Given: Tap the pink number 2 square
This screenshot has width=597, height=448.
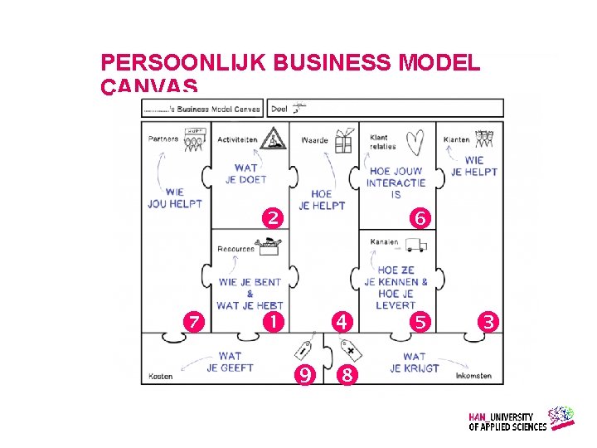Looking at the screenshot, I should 272,219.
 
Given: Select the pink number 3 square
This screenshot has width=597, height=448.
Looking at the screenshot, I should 491,321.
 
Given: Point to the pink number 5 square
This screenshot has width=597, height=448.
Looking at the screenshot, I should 420,321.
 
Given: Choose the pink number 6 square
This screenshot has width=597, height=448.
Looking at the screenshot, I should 420,219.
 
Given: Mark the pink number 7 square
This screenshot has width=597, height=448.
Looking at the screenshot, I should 192,321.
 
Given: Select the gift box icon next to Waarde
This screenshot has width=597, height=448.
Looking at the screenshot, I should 343,141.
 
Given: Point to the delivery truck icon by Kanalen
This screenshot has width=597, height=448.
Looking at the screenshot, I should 417,245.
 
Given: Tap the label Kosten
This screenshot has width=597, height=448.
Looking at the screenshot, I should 161,377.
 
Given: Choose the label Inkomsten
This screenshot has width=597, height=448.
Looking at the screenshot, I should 473,376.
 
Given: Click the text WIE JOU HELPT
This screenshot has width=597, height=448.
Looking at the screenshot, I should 175,198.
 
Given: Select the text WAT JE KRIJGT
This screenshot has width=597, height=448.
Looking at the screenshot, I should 415,363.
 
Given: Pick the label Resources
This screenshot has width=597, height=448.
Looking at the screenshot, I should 235,249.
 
